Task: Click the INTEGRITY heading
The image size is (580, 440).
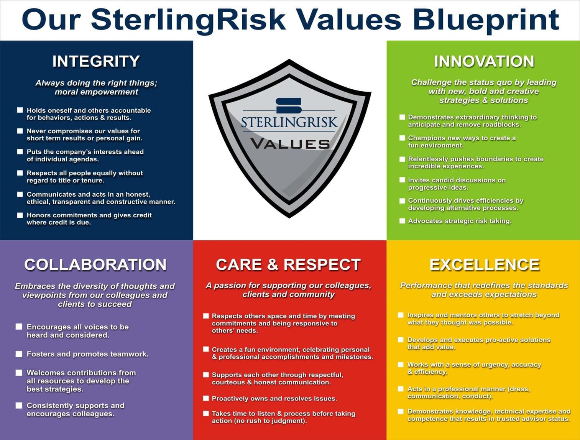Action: (96, 61)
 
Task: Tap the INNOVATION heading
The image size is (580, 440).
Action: (484, 61)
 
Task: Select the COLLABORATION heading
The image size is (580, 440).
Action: (95, 264)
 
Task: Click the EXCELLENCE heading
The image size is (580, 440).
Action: (484, 264)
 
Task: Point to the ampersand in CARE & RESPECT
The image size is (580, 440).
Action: (273, 264)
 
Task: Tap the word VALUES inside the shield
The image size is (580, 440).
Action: (290, 144)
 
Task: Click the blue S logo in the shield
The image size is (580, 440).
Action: (289, 106)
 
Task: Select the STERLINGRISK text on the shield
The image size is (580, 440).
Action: (289, 122)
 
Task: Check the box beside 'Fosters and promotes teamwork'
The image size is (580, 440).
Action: (19, 354)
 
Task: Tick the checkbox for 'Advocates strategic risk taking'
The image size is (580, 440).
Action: (402, 221)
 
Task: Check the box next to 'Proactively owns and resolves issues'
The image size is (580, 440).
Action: (206, 398)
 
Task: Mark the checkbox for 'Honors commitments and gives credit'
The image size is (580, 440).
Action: (20, 215)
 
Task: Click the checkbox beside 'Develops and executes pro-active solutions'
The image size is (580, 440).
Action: (401, 340)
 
